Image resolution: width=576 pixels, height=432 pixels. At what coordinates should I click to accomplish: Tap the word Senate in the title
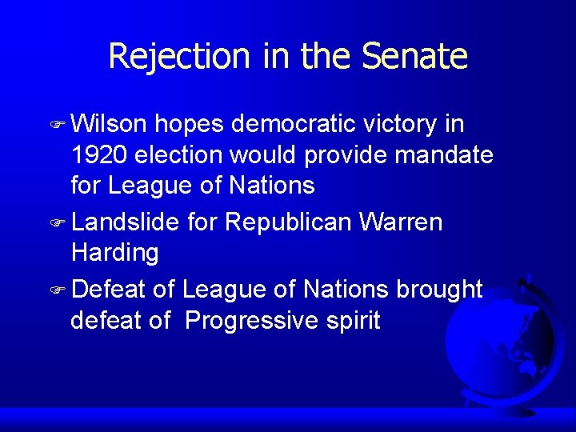tap(414, 56)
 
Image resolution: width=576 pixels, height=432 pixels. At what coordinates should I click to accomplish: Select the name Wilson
tap(109, 125)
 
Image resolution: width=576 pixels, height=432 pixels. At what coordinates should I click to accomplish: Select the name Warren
tap(400, 222)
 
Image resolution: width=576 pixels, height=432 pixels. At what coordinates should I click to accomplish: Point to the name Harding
tap(114, 253)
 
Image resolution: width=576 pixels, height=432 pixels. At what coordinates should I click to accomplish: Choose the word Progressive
tap(250, 321)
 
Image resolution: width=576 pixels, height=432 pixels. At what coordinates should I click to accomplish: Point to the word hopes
tap(190, 125)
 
